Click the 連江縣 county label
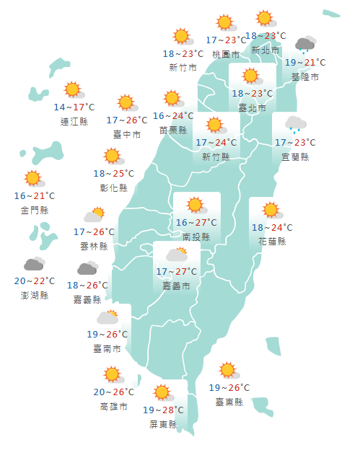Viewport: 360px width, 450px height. click(x=74, y=122)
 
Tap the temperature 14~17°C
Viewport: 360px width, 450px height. click(x=74, y=107)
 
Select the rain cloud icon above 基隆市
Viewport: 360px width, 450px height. click(x=306, y=45)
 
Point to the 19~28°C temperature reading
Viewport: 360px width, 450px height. click(x=164, y=410)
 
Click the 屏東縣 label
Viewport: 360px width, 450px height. click(x=164, y=425)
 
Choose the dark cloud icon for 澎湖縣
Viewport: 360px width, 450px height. click(x=34, y=265)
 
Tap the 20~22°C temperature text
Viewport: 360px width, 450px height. click(x=34, y=281)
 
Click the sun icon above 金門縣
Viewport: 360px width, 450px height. click(x=33, y=179)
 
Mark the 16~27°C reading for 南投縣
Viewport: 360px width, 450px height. click(x=196, y=222)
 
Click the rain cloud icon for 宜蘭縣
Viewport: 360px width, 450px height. click(x=294, y=124)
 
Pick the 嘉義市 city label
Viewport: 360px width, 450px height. click(x=177, y=286)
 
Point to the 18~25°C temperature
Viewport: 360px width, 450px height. click(x=113, y=173)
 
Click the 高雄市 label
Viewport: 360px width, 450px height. click(x=113, y=407)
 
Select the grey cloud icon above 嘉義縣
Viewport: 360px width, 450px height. click(x=87, y=269)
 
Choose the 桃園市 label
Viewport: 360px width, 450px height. click(x=227, y=54)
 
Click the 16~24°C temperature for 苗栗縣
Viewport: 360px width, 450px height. click(x=173, y=115)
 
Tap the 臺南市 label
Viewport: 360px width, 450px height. click(x=107, y=349)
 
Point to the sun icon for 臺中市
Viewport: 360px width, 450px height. click(x=127, y=103)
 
